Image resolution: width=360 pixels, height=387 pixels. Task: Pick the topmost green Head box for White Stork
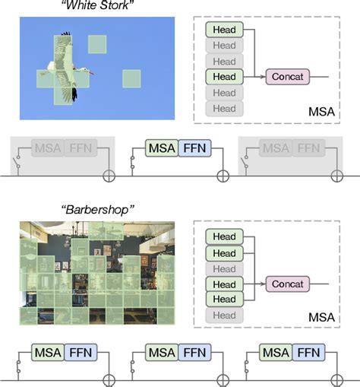(x=224, y=30)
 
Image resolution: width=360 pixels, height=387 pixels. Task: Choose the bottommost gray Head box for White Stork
(x=224, y=108)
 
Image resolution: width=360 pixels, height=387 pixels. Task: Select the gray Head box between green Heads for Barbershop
(x=224, y=268)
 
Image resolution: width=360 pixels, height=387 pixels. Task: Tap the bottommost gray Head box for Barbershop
(x=224, y=316)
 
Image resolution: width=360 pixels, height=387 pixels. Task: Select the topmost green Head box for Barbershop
(x=224, y=237)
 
